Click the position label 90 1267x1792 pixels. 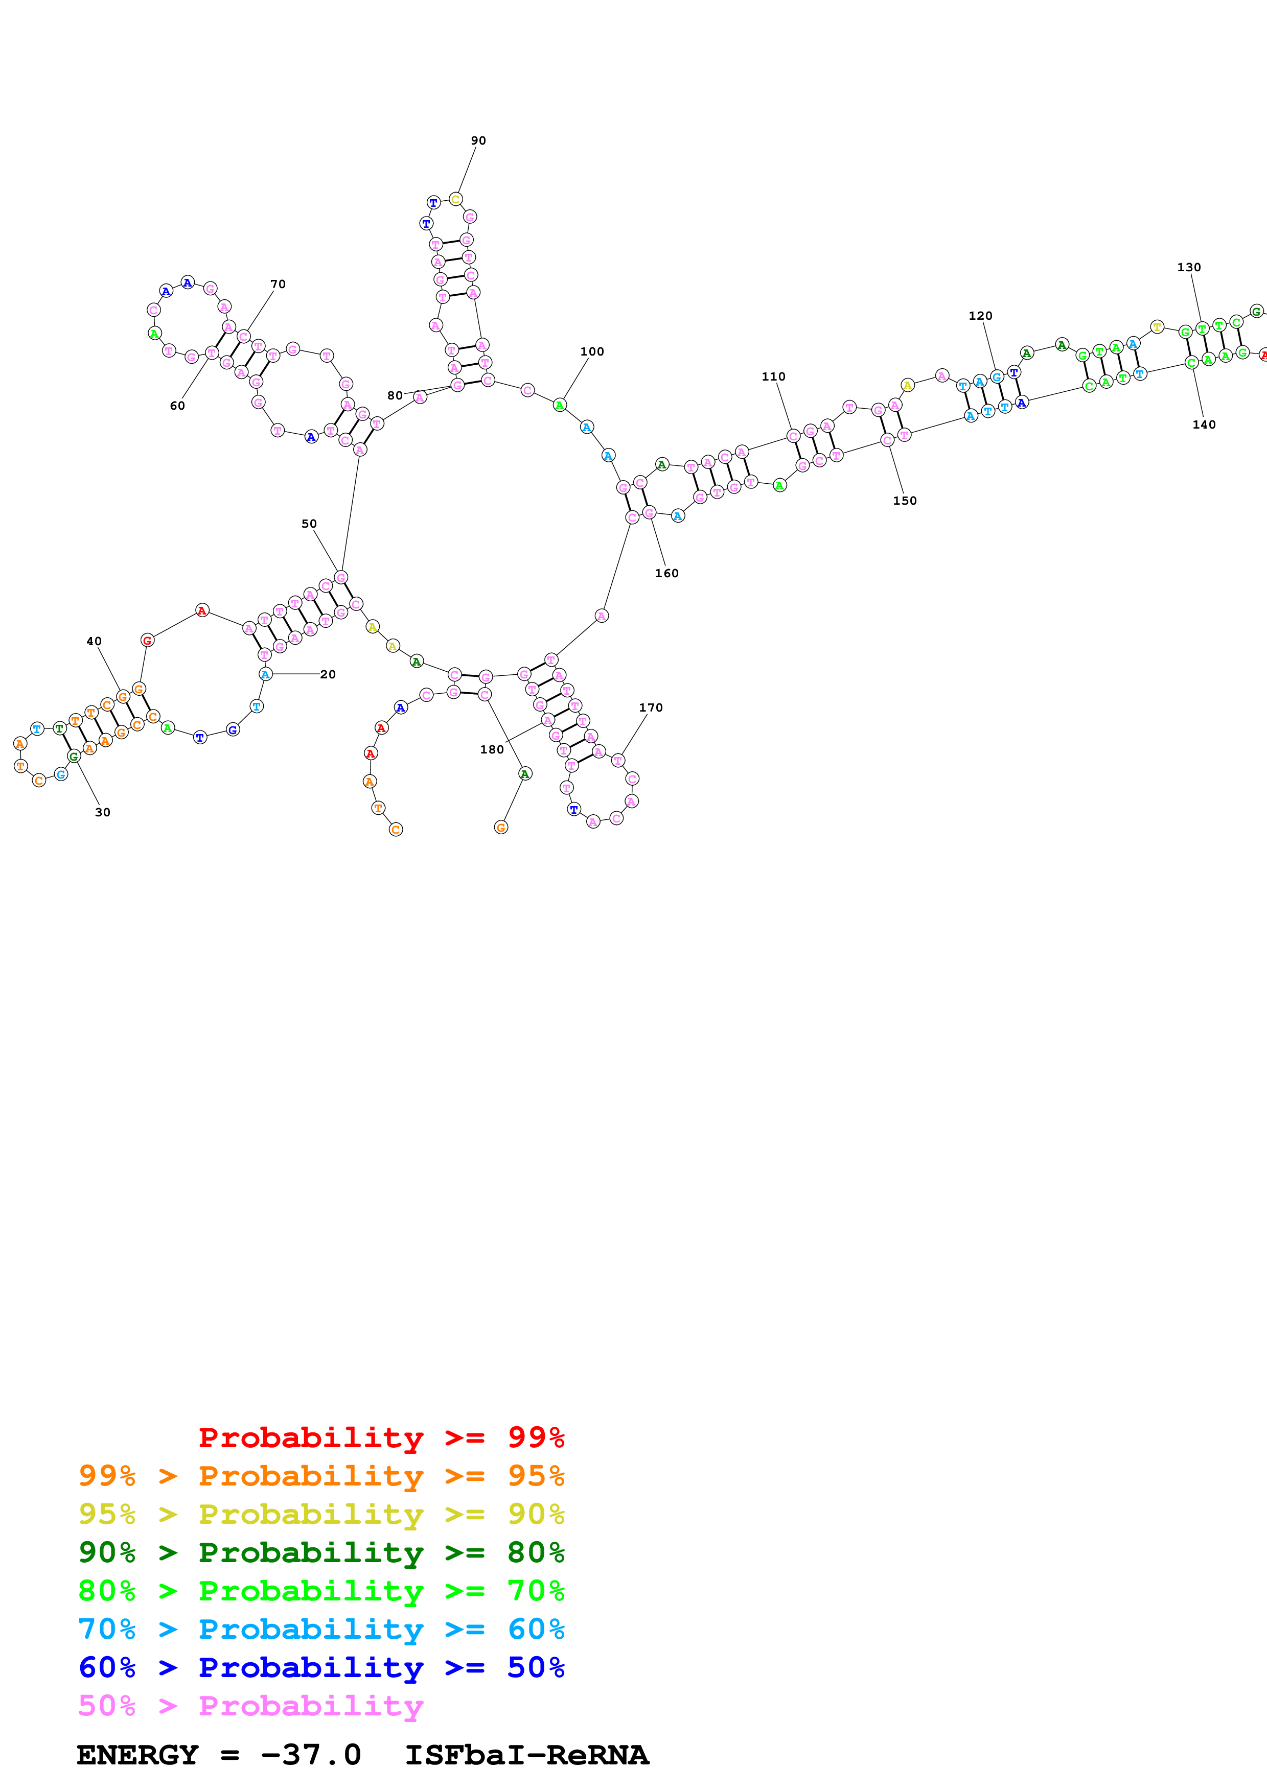478,140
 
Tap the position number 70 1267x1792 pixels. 278,284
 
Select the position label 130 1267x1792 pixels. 1188,267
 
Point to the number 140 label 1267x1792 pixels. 1203,425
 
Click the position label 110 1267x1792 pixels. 773,376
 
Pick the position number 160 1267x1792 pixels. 666,573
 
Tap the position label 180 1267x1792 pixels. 491,749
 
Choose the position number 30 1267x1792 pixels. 102,812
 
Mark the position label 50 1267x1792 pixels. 309,524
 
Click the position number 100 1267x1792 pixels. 592,351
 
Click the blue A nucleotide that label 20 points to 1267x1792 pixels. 265,674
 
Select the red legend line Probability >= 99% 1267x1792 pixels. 381,1437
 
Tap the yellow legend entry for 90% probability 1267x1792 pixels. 321,1514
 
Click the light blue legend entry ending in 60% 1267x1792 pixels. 321,1629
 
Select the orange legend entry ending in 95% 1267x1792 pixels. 321,1475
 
